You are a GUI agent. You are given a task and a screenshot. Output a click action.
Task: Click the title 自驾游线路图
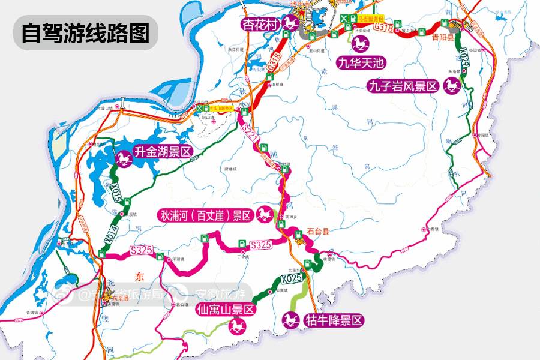pyautogui.click(x=85, y=33)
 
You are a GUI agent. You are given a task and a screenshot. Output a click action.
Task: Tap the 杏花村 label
pyautogui.click(x=259, y=25)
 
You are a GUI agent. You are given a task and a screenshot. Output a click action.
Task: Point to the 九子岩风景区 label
pyautogui.click(x=403, y=86)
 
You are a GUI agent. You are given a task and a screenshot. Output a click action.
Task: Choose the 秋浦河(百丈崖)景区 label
pyautogui.click(x=205, y=215)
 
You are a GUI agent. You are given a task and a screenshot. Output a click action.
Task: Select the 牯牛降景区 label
pyautogui.click(x=334, y=320)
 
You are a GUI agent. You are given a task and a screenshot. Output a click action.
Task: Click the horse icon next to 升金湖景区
pyautogui.click(x=124, y=159)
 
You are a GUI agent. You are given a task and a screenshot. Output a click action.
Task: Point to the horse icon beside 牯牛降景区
pyautogui.click(x=291, y=320)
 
